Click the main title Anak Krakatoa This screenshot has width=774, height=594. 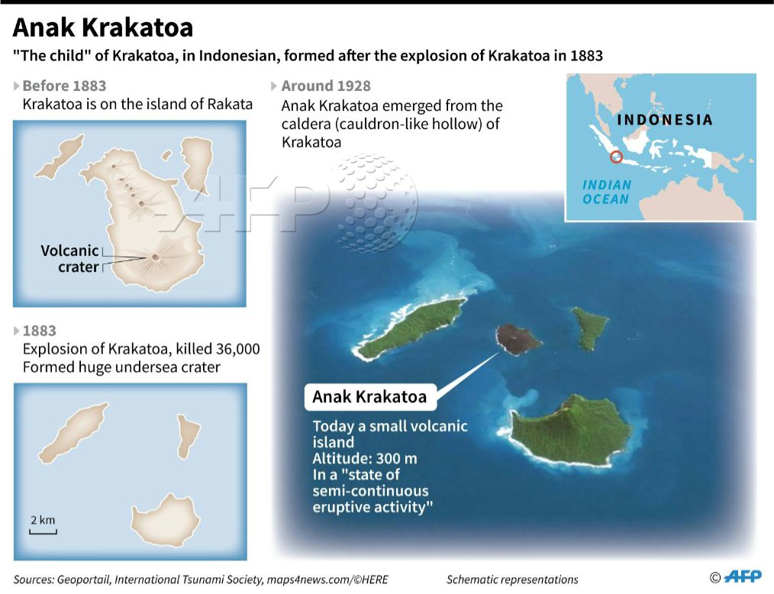(103, 28)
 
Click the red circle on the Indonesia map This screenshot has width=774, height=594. (617, 157)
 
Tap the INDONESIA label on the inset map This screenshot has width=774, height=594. (664, 120)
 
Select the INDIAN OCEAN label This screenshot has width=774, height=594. (606, 192)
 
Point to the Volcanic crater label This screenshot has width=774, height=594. (70, 259)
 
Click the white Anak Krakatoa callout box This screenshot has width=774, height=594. (369, 397)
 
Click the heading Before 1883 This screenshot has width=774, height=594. (64, 86)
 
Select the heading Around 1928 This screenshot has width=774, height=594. (326, 86)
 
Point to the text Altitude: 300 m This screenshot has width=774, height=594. (365, 459)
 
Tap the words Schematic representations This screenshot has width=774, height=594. (512, 579)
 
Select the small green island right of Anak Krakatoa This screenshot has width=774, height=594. (590, 327)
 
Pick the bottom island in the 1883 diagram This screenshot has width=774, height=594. (165, 518)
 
